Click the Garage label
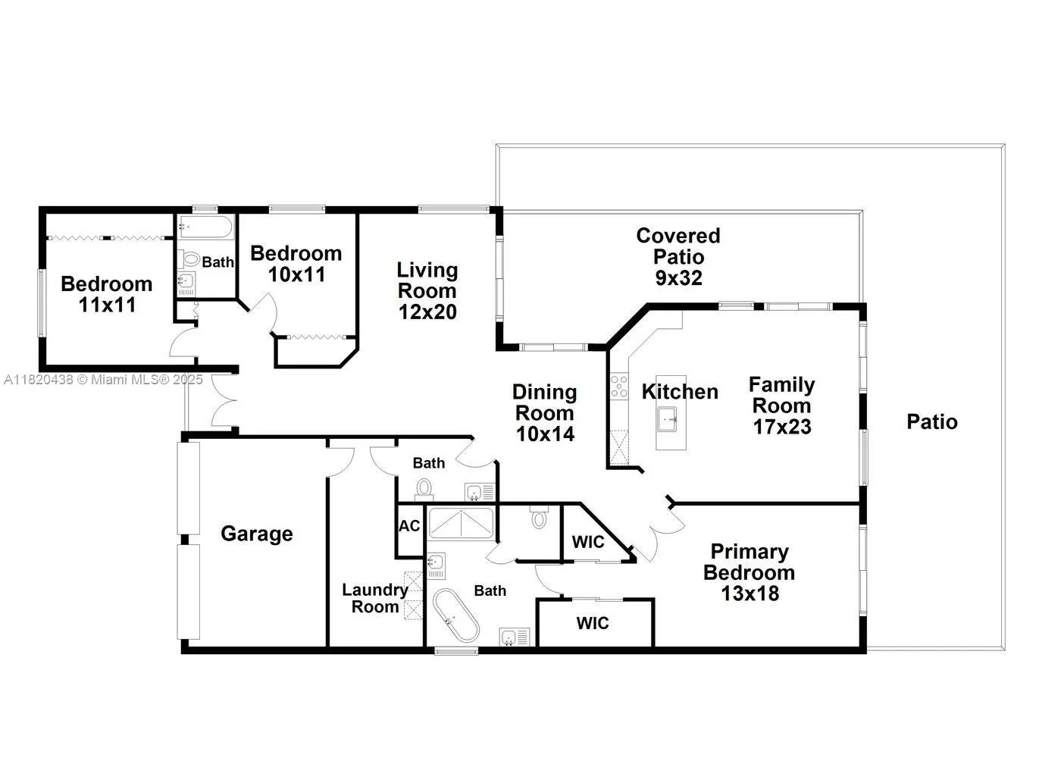pyautogui.click(x=256, y=534)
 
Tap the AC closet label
pyautogui.click(x=409, y=526)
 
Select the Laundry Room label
pyautogui.click(x=374, y=598)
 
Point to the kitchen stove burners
pyautogui.click(x=619, y=387)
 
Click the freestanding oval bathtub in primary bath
pyautogui.click(x=455, y=615)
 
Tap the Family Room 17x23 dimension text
pyautogui.click(x=781, y=427)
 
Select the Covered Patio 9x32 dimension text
pyautogui.click(x=678, y=277)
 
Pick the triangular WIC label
pyautogui.click(x=588, y=541)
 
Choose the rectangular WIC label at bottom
pyautogui.click(x=593, y=623)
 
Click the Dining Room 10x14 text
pyautogui.click(x=544, y=434)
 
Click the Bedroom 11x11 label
pyautogui.click(x=106, y=294)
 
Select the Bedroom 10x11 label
pyautogui.click(x=296, y=263)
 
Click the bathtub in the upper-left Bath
pyautogui.click(x=206, y=226)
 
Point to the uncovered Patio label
pyautogui.click(x=932, y=421)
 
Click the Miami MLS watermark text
pyautogui.click(x=103, y=379)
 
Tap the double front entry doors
pyautogui.click(x=224, y=402)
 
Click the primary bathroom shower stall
pyautogui.click(x=461, y=523)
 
